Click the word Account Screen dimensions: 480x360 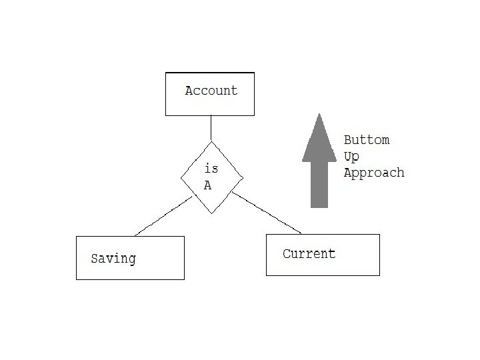pos(211,91)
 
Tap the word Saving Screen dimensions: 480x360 pos(113,259)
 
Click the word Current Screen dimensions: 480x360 pos(309,254)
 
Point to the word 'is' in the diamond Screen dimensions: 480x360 pos(211,169)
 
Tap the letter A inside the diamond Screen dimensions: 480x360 pos(207,186)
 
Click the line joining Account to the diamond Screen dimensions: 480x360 pos(211,128)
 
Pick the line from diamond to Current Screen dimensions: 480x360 pos(267,213)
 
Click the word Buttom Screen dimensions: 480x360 pos(366,141)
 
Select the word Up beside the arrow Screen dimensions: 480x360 pos(351,157)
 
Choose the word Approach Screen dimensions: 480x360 pos(373,173)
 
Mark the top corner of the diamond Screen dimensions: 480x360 pos(211,142)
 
